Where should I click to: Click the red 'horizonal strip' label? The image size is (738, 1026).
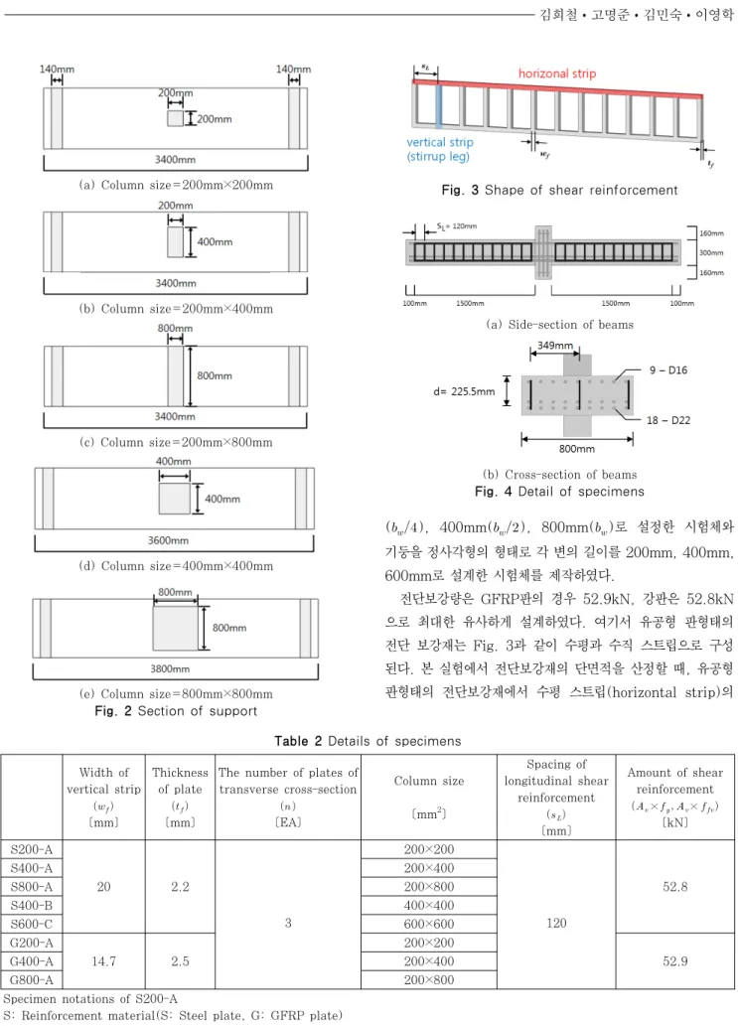pyautogui.click(x=557, y=73)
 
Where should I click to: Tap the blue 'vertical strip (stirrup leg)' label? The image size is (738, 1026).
pyautogui.click(x=440, y=149)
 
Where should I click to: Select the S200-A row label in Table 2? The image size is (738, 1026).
pyautogui.click(x=32, y=849)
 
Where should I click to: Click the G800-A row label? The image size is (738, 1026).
pyautogui.click(x=32, y=979)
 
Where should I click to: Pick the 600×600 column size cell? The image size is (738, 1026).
pyautogui.click(x=428, y=924)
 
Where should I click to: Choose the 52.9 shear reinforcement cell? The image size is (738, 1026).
pyautogui.click(x=674, y=961)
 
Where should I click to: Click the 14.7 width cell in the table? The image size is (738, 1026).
pyautogui.click(x=103, y=961)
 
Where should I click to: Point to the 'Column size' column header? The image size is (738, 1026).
pyautogui.click(x=428, y=781)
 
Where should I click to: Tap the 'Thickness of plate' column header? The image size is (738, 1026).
pyautogui.click(x=180, y=781)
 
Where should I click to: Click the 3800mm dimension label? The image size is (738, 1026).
pyautogui.click(x=170, y=668)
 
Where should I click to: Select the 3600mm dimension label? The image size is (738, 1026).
pyautogui.click(x=168, y=540)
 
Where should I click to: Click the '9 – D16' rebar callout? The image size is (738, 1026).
pyautogui.click(x=668, y=370)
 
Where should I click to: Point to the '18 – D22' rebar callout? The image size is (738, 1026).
pyautogui.click(x=668, y=420)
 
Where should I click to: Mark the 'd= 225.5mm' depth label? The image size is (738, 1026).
pyautogui.click(x=464, y=391)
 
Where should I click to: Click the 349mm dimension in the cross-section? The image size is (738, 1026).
pyautogui.click(x=555, y=346)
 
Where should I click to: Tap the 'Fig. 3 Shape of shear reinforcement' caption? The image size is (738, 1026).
pyautogui.click(x=559, y=190)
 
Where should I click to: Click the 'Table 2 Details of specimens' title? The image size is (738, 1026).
pyautogui.click(x=368, y=741)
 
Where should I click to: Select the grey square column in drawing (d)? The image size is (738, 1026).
pyautogui.click(x=174, y=499)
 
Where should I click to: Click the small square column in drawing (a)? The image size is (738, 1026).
pyautogui.click(x=175, y=118)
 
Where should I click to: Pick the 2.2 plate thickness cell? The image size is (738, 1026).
pyautogui.click(x=180, y=887)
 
